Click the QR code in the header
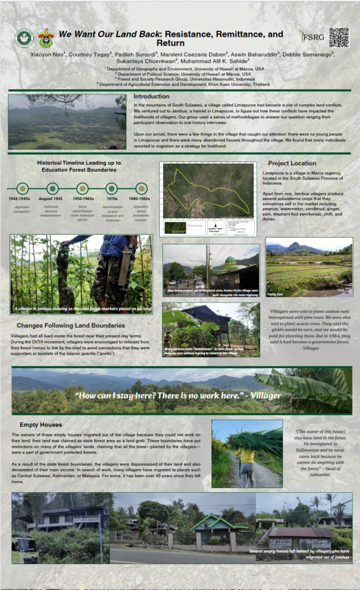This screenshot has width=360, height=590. tap(339, 37)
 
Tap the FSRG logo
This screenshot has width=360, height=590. tap(309, 37)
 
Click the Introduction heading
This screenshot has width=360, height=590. tap(151, 96)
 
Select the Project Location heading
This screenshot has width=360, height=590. tap(292, 163)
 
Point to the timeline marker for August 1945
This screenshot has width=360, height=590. tap(52, 188)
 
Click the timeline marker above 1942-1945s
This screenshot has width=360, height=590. tap(22, 188)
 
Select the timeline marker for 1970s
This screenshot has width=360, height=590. tap(112, 188)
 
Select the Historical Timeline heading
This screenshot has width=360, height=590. tap(77, 166)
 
